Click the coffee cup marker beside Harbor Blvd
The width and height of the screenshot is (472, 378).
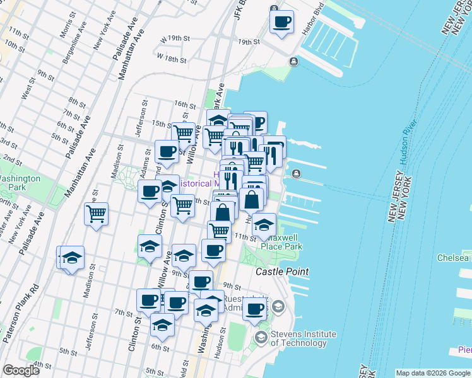click(281, 22)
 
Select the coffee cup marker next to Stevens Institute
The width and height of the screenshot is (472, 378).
click(256, 309)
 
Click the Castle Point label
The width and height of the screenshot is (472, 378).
click(282, 272)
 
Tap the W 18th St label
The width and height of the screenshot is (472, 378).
click(172, 60)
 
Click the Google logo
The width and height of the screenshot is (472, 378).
click(21, 370)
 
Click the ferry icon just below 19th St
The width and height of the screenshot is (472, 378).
click(294, 61)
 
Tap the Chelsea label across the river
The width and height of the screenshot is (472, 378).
click(453, 258)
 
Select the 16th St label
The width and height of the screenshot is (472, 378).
click(182, 105)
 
